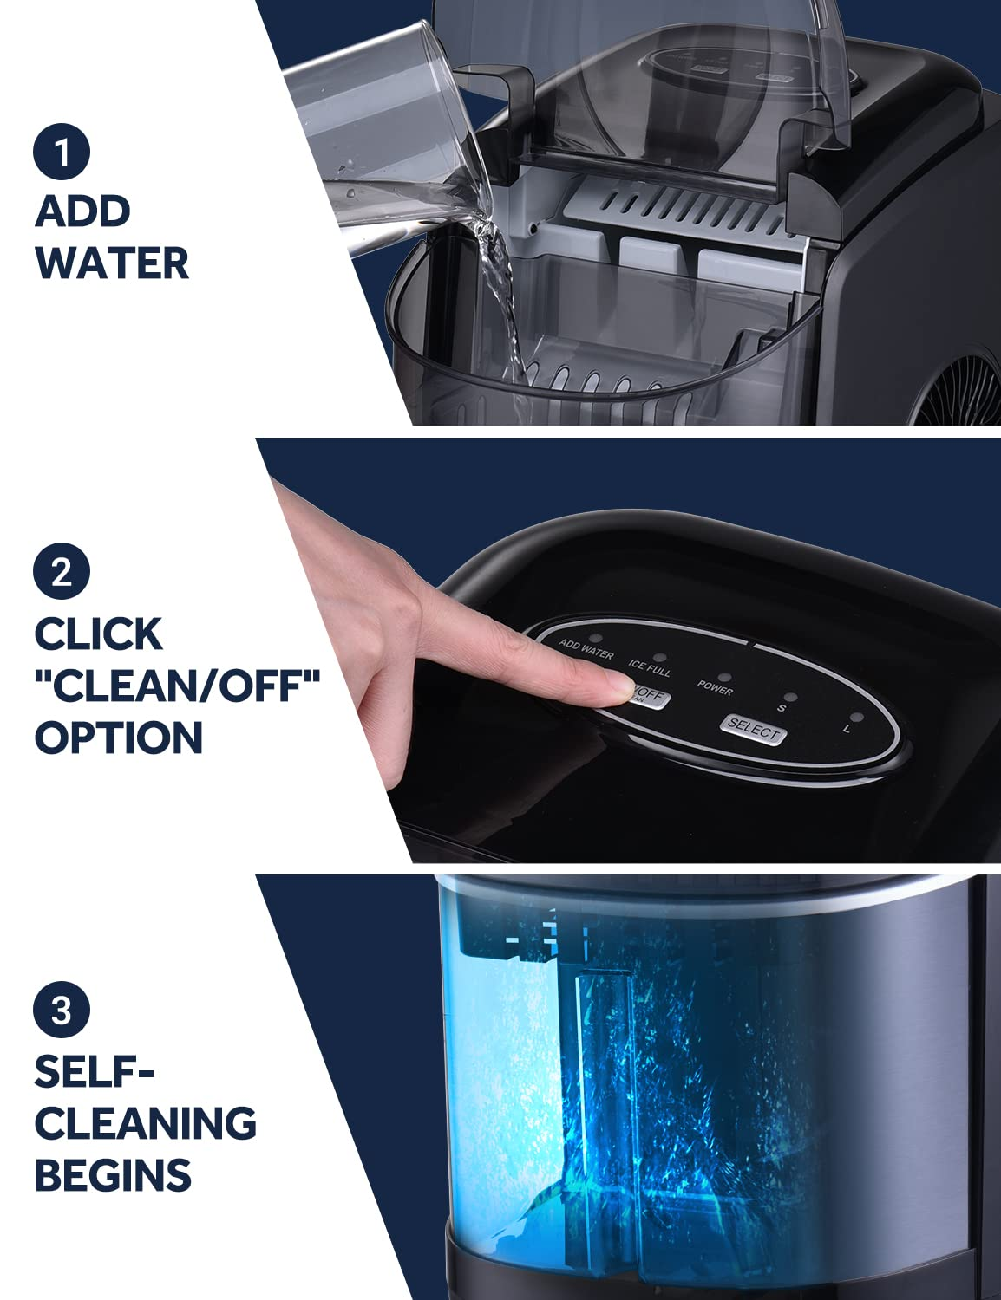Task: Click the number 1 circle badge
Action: [62, 152]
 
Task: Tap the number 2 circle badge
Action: [62, 573]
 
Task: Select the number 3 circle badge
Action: [62, 1011]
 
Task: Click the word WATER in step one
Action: [113, 263]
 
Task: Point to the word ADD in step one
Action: [83, 211]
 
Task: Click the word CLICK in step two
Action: [98, 634]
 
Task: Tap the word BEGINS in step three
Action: [113, 1175]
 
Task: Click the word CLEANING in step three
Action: [145, 1123]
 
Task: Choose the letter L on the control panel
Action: [845, 730]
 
